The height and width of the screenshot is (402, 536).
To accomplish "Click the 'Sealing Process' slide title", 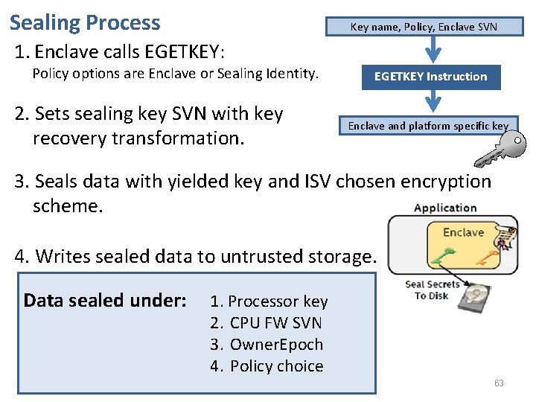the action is pyautogui.click(x=85, y=22).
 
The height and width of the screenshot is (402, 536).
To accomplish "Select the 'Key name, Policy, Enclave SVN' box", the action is pyautogui.click(x=424, y=27).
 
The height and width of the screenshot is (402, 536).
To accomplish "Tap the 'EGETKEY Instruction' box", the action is pyautogui.click(x=430, y=77).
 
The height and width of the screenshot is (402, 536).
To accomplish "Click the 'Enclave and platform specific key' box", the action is pyautogui.click(x=428, y=126).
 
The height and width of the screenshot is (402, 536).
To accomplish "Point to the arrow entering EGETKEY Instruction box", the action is pyautogui.click(x=432, y=51).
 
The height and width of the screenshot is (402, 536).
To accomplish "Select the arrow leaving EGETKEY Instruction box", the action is pyautogui.click(x=432, y=101).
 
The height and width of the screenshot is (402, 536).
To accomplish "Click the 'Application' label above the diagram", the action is pyautogui.click(x=444, y=208).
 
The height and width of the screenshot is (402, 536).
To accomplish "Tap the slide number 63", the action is pyautogui.click(x=499, y=383).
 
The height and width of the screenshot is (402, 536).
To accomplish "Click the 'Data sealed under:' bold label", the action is pyautogui.click(x=105, y=301).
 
